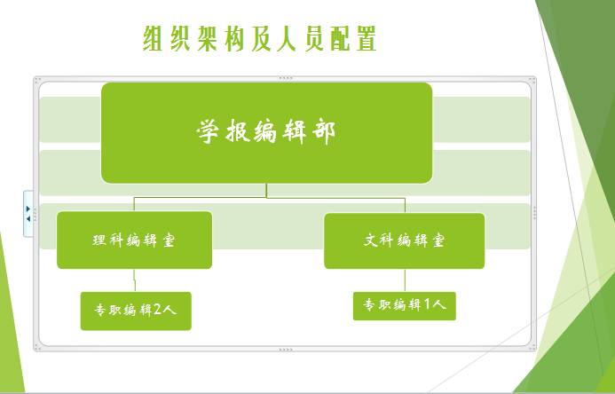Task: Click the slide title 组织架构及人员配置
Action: pyautogui.click(x=260, y=39)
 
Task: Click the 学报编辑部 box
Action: pyautogui.click(x=267, y=133)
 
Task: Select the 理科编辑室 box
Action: pyautogui.click(x=135, y=240)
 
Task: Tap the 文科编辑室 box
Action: pyautogui.click(x=405, y=240)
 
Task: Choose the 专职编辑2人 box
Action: pyautogui.click(x=136, y=311)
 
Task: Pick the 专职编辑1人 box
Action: pyautogui.click(x=405, y=306)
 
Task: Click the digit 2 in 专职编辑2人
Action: pyautogui.click(x=157, y=310)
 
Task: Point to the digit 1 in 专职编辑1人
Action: pyautogui.click(x=428, y=304)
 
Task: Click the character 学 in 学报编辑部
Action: pyautogui.click(x=208, y=131)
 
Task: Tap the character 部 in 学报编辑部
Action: pyautogui.click(x=324, y=132)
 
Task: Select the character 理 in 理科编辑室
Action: pyautogui.click(x=99, y=240)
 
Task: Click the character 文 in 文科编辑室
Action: pyautogui.click(x=372, y=240)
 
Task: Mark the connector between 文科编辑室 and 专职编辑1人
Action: pyautogui.click(x=405, y=280)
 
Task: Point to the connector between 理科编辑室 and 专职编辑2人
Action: pyautogui.click(x=135, y=280)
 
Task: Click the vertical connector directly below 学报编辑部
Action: pyautogui.click(x=267, y=191)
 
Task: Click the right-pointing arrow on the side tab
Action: pyautogui.click(x=28, y=209)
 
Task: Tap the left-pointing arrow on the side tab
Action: pyautogui.click(x=28, y=219)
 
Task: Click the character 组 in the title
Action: pyautogui.click(x=153, y=39)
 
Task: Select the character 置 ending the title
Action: pyautogui.click(x=367, y=39)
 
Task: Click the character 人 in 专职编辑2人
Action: pyautogui.click(x=169, y=310)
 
